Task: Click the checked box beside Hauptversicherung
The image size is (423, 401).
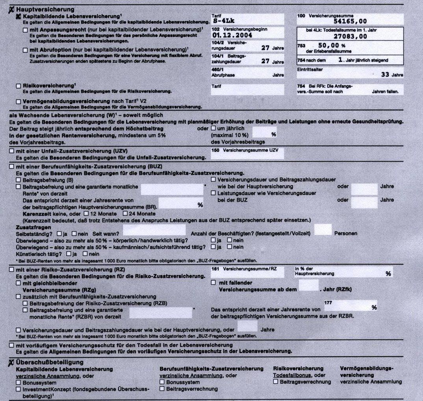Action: coord(11,9)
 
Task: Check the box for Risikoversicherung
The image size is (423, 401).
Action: coord(19,86)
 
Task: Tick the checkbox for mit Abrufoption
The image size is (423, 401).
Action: coord(25,50)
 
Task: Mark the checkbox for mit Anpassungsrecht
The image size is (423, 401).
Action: coord(25,29)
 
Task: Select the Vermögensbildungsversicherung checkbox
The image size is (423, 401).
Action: coord(19,101)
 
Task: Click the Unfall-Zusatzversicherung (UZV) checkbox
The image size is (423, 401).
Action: coord(11,151)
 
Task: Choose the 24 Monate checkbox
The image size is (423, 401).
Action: coord(126,213)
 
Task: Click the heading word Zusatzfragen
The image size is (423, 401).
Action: coord(33,227)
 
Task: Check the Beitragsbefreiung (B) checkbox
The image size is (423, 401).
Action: coord(19,180)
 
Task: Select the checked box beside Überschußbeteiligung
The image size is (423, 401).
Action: coord(11,362)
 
